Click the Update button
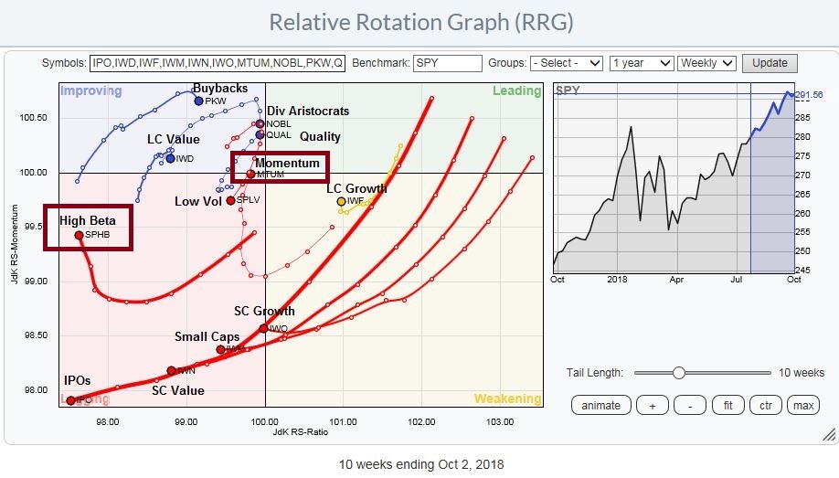[770, 63]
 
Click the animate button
[600, 405]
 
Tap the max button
[803, 405]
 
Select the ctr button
[763, 405]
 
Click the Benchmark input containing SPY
[447, 63]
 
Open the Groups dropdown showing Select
[568, 63]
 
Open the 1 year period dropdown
[641, 63]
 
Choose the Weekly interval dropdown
[706, 63]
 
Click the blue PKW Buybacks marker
[198, 101]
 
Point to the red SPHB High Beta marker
[80, 235]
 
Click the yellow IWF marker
[341, 201]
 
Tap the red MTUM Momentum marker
[250, 174]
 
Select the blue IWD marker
[170, 158]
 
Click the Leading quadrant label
[516, 90]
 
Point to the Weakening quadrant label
[507, 398]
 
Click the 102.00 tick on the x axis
[421, 423]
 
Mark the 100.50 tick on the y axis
[36, 118]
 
